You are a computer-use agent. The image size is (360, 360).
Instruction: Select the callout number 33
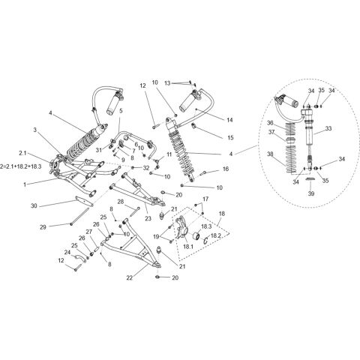[x=328, y=128]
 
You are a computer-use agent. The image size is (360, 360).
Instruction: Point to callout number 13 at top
[x=168, y=82]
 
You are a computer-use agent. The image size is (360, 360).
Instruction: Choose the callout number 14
[x=229, y=118]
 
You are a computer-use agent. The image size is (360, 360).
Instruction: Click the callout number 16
[x=224, y=170]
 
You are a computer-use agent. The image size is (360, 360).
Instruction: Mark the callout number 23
[x=148, y=218]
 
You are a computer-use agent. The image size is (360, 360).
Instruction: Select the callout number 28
[x=119, y=201]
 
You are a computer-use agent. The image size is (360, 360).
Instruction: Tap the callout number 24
[x=67, y=252]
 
